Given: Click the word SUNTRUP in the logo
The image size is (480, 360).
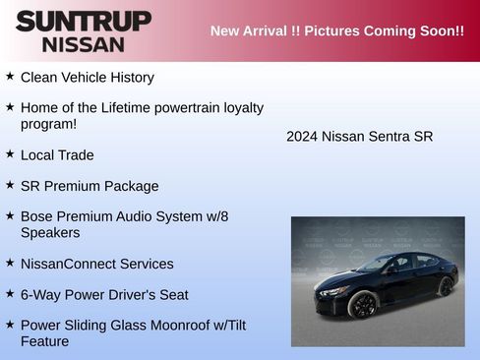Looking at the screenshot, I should click(x=84, y=21).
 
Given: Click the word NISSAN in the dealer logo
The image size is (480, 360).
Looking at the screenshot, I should click(x=84, y=44).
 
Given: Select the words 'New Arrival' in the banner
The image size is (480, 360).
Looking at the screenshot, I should click(x=250, y=30).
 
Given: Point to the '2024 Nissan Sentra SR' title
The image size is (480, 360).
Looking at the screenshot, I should click(x=359, y=136).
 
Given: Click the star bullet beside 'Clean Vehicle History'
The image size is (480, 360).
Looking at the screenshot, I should click(x=10, y=76).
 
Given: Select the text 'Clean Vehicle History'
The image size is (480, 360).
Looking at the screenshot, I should click(x=87, y=77).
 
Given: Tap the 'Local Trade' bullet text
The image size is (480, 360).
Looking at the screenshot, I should click(x=57, y=155).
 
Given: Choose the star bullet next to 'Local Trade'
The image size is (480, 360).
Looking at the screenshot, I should click(x=10, y=154).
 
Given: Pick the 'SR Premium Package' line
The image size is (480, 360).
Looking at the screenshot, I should click(x=90, y=186).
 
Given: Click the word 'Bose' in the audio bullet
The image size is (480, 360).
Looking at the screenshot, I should click(x=37, y=215).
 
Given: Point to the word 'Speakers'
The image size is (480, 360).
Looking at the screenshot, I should click(x=50, y=233).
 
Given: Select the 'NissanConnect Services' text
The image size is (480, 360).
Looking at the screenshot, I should click(x=96, y=264).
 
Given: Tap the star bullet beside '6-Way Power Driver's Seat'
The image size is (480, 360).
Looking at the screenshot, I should click(x=10, y=293).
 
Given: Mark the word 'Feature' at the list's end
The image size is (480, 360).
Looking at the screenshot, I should click(x=45, y=341).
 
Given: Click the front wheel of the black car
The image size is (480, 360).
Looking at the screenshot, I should click(x=363, y=304).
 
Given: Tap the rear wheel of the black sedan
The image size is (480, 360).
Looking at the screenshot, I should click(x=446, y=286).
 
